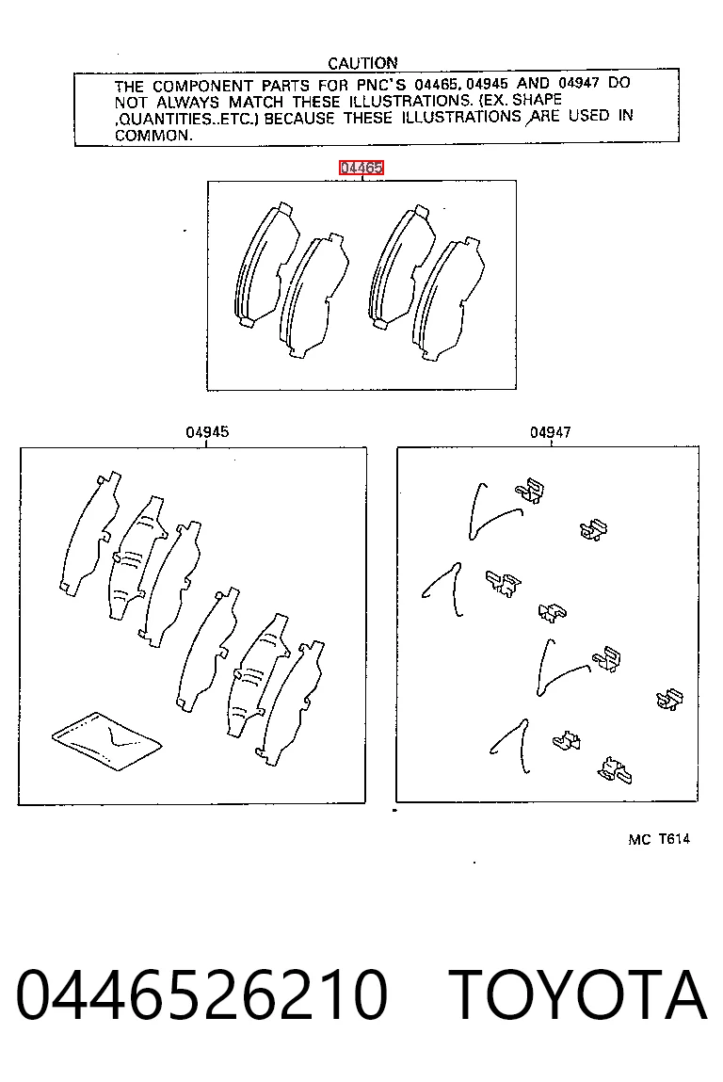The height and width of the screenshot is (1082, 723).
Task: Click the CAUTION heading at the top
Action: [x=362, y=63]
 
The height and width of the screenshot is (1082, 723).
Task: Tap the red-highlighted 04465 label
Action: [x=361, y=168]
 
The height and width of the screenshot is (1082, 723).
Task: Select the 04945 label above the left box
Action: [x=207, y=432]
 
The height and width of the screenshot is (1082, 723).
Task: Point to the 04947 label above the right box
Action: [x=550, y=432]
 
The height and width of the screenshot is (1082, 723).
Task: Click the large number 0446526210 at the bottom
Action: [x=201, y=994]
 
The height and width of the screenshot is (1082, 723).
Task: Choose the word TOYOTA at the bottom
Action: [x=577, y=994]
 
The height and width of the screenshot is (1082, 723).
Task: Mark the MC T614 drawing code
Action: [x=659, y=839]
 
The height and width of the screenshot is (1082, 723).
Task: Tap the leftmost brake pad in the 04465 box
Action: [x=265, y=266]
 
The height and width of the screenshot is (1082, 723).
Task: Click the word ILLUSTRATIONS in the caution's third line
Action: [x=461, y=118]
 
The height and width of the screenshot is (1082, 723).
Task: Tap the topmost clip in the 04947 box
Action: [x=530, y=492]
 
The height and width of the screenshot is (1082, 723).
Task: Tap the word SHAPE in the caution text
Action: [x=537, y=100]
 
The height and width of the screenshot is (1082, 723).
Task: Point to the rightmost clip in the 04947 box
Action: [x=669, y=700]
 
